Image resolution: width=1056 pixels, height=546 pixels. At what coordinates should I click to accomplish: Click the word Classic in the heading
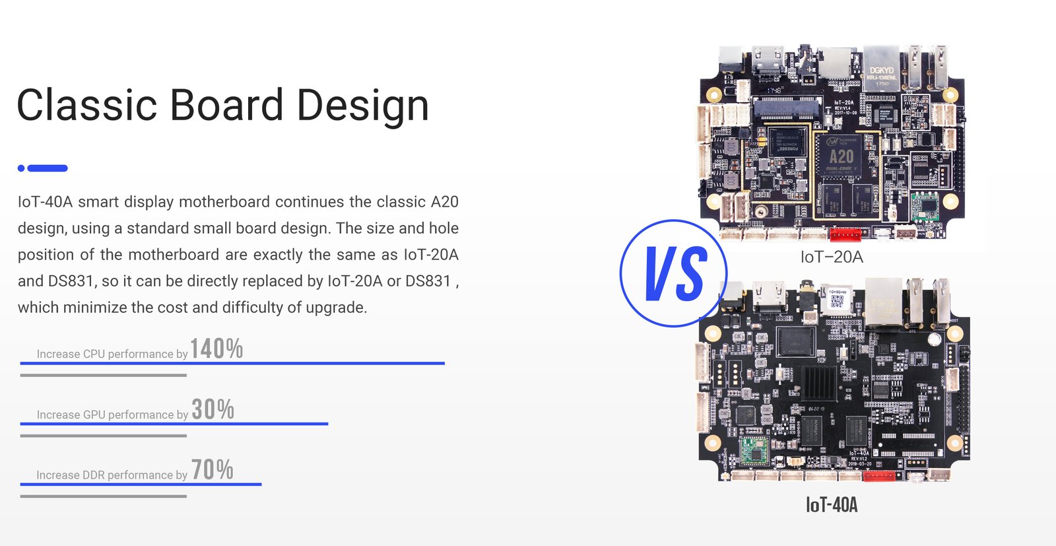click(86, 105)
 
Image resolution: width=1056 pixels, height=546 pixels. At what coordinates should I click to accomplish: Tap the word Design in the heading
click(362, 106)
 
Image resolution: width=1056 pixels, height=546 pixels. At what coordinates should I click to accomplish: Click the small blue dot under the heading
click(21, 168)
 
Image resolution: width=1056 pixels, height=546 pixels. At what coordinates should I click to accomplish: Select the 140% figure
click(216, 349)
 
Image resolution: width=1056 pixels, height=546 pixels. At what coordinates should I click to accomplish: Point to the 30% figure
click(213, 409)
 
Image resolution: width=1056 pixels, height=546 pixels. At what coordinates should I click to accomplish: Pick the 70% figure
click(212, 469)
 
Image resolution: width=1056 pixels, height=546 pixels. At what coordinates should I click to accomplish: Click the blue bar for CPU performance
click(232, 364)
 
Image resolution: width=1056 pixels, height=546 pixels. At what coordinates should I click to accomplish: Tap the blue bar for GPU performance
click(174, 424)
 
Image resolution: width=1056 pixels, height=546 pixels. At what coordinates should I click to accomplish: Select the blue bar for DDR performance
click(141, 484)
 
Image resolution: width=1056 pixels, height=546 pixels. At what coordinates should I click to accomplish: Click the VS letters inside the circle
click(676, 273)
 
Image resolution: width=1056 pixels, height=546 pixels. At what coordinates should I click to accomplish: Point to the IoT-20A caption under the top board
click(832, 257)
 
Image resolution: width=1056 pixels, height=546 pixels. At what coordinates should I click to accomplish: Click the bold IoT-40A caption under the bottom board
click(832, 504)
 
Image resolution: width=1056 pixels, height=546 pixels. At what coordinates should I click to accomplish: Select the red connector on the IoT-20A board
click(845, 234)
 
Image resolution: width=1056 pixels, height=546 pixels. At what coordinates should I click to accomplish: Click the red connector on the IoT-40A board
click(878, 476)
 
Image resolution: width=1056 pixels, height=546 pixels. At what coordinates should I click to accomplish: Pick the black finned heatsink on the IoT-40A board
click(819, 382)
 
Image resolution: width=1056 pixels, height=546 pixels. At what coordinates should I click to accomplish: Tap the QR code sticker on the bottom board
click(837, 299)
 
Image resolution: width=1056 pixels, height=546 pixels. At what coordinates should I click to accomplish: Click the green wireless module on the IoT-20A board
click(925, 206)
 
